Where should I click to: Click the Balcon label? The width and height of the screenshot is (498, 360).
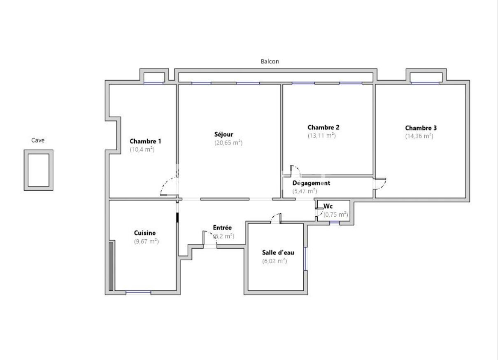tap(270, 61)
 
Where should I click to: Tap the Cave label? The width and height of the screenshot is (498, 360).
tap(38, 140)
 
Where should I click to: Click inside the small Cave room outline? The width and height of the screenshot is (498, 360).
tap(38, 170)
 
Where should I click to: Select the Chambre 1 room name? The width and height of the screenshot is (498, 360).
tap(145, 141)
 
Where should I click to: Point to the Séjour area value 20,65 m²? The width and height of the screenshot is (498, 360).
tap(228, 143)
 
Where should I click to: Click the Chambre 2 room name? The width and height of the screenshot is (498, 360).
tap(323, 127)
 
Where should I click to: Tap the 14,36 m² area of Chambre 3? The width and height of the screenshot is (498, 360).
tap(419, 136)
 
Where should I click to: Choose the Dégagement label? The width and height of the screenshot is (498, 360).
tap(311, 183)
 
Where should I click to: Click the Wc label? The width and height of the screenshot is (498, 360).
tap(328, 206)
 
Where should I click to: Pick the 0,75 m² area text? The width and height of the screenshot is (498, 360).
tap(336, 215)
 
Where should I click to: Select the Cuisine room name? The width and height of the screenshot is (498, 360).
tap(145, 233)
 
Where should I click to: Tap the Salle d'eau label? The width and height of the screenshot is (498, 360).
tap(278, 252)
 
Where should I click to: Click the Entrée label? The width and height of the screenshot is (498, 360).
tap(222, 228)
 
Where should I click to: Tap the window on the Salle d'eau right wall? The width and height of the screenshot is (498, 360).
tap(305, 259)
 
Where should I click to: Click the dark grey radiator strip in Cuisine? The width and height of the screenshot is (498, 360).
tap(111, 266)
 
